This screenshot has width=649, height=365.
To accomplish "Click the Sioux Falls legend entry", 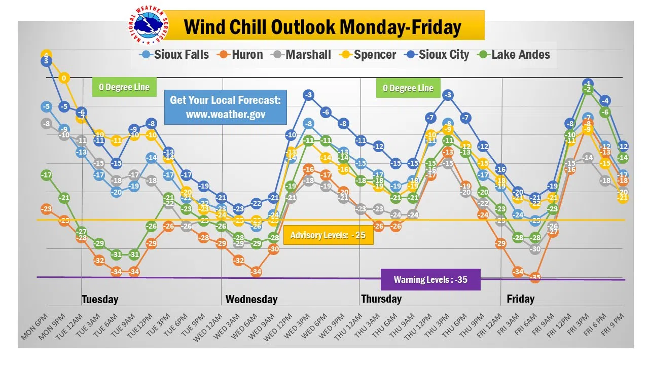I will pyautogui.click(x=175, y=55).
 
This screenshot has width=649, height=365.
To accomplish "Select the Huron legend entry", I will pyautogui.click(x=240, y=55).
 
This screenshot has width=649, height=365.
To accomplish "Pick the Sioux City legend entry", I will pyautogui.click(x=437, y=55).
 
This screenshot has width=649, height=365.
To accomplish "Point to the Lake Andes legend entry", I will pyautogui.click(x=514, y=55).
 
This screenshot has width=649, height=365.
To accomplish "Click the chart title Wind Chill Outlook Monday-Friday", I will pyautogui.click(x=322, y=26).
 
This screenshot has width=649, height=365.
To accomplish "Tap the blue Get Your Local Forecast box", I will pyautogui.click(x=225, y=107).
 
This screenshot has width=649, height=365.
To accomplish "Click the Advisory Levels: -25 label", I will pyautogui.click(x=328, y=235).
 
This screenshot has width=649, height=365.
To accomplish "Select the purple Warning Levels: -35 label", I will pyautogui.click(x=430, y=279).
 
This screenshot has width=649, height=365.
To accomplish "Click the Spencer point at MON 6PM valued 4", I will pyautogui.click(x=46, y=55).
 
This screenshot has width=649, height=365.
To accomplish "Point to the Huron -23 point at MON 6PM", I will pyautogui.click(x=46, y=209).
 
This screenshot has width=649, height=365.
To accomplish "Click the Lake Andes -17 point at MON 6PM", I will pyautogui.click(x=46, y=175).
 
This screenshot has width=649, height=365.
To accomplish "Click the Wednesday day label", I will pyautogui.click(x=251, y=299).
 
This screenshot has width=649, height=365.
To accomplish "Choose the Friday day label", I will pyautogui.click(x=521, y=299).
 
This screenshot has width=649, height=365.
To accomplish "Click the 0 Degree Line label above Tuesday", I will pyautogui.click(x=124, y=87).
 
